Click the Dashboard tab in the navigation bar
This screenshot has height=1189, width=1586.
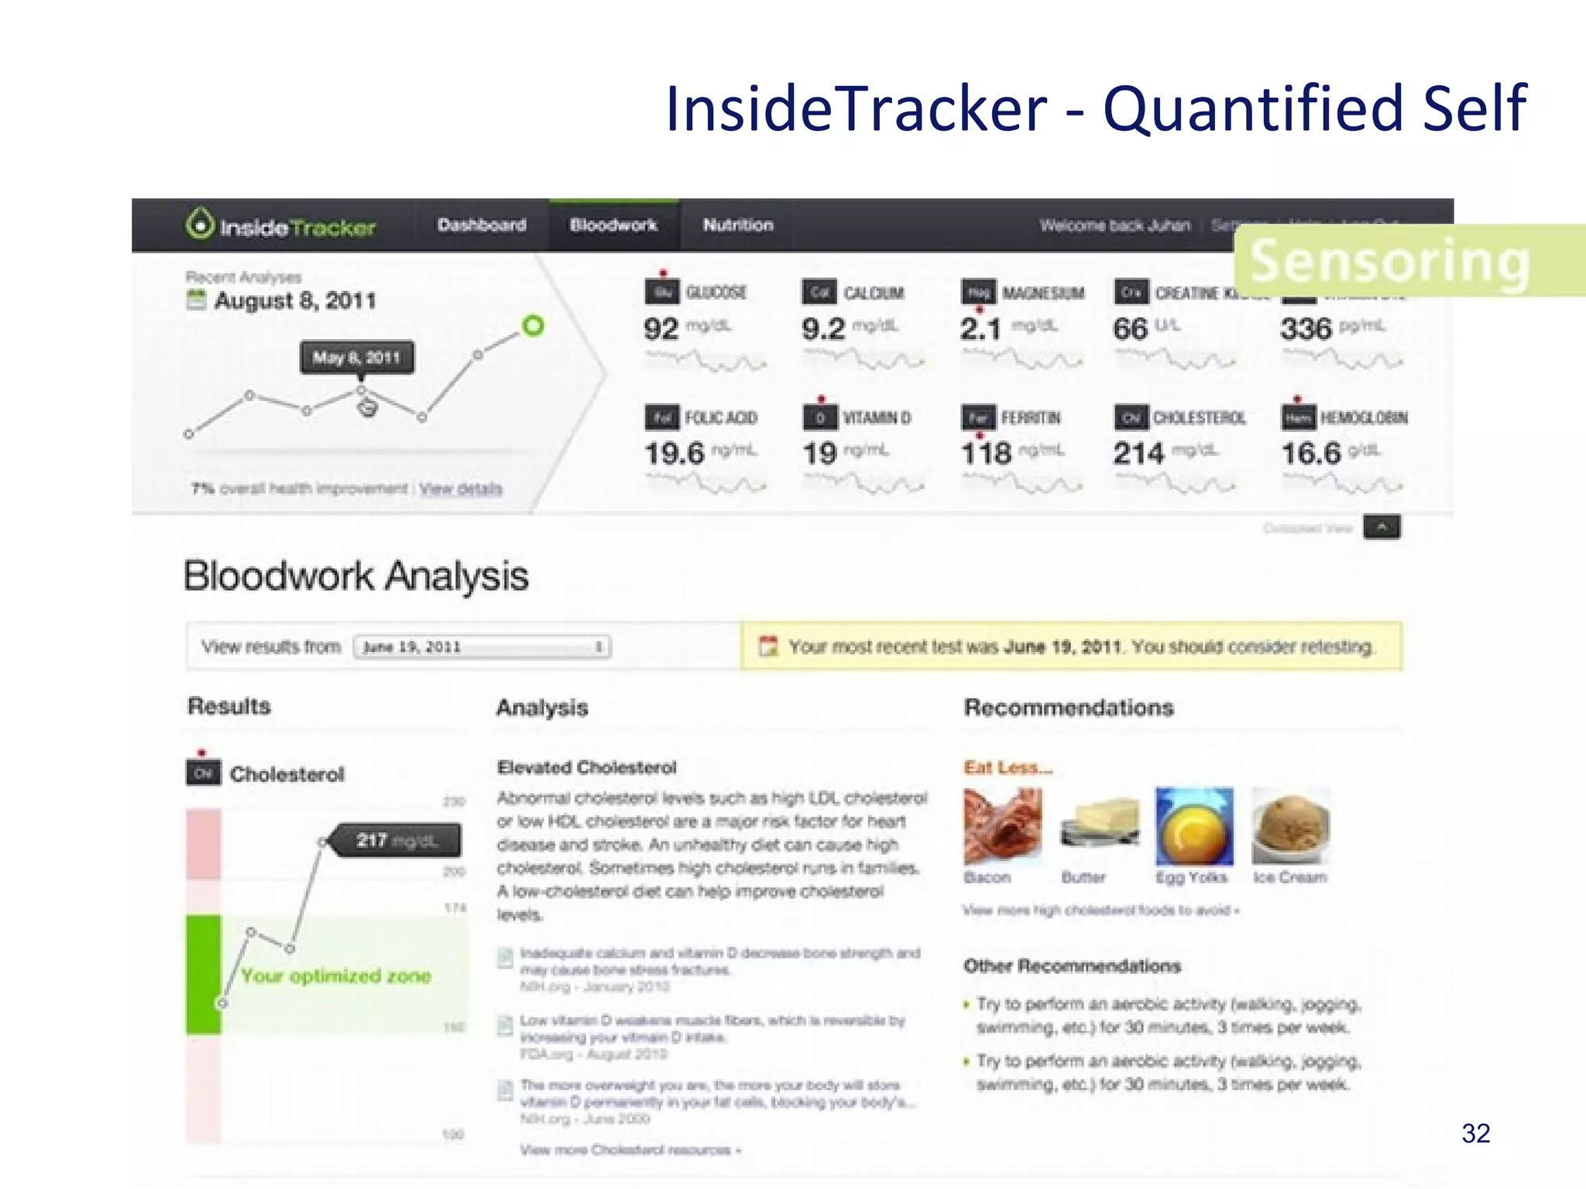point(482,225)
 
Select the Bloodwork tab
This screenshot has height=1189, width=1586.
point(613,225)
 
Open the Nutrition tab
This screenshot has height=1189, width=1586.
point(738,225)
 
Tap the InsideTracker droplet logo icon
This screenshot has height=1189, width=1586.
point(200,224)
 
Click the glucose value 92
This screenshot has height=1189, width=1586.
point(661,329)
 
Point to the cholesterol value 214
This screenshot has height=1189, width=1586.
point(1138,454)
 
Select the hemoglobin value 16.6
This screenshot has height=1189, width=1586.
point(1311,454)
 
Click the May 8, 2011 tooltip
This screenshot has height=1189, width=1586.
point(357,358)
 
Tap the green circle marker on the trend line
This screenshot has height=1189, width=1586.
point(533,326)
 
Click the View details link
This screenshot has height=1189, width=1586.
point(461,488)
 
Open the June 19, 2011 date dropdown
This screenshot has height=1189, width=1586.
point(482,647)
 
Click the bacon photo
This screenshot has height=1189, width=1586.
point(1003,826)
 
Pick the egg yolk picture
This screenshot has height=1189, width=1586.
point(1194,826)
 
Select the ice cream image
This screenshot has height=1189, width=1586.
point(1291,826)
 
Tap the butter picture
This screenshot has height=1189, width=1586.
point(1100,826)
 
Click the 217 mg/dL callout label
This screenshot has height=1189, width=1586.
point(396,841)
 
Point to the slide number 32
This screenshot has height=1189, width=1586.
point(1476,1133)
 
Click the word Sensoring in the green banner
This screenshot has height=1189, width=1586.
point(1390,262)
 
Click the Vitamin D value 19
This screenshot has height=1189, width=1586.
point(819,454)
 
